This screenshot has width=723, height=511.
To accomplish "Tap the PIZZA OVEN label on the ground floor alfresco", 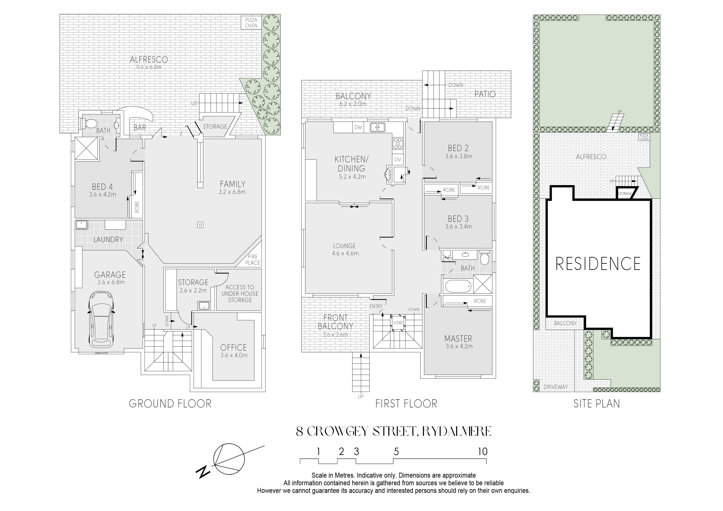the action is tap(251, 23).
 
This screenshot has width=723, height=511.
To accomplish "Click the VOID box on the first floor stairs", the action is tap(398, 323).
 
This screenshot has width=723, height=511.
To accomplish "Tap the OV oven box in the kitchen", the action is tap(398, 160).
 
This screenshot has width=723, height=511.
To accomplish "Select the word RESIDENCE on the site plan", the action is tap(598, 264).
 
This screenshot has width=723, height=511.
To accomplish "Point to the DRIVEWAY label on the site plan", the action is tap(556, 387).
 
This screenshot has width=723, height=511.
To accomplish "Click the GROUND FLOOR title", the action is tap(170, 404).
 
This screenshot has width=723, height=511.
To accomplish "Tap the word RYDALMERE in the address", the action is tap(457, 431).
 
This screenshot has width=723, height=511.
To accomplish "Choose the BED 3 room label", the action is tap(458, 218).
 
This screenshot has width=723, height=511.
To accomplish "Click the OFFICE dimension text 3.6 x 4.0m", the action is tap(234, 355).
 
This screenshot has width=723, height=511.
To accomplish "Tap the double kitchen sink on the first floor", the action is tap(378, 127).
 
